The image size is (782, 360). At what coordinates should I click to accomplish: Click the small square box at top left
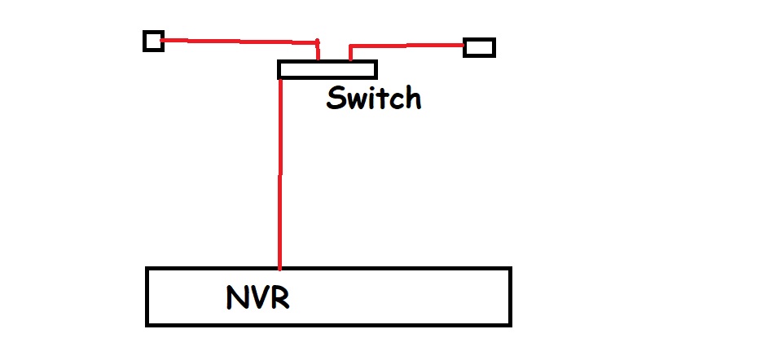(x=153, y=41)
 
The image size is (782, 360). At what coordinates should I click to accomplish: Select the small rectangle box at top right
(x=479, y=47)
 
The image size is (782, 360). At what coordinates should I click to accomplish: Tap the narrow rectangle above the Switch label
(x=327, y=69)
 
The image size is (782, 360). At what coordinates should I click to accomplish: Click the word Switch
(x=374, y=99)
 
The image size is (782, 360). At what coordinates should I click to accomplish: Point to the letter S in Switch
(x=336, y=99)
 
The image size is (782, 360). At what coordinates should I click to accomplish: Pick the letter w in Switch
(x=355, y=101)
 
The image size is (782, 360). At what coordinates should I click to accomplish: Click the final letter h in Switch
(x=412, y=99)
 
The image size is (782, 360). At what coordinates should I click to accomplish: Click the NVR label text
(x=257, y=298)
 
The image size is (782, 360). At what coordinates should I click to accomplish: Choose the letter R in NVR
(x=279, y=298)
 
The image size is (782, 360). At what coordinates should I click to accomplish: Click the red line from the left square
(x=236, y=40)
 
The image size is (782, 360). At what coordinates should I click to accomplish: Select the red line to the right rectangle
(x=407, y=46)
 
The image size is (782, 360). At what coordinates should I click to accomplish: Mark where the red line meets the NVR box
(x=280, y=267)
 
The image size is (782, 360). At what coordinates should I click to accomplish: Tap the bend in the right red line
(x=351, y=46)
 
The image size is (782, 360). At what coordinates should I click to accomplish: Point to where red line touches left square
(x=164, y=38)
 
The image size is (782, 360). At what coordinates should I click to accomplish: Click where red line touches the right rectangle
(x=464, y=46)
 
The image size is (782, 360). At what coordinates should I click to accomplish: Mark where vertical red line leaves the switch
(x=280, y=79)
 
